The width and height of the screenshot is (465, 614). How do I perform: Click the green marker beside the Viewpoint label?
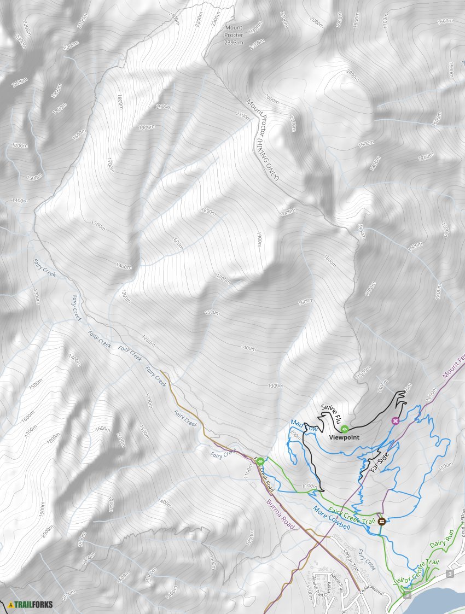click(x=345, y=429)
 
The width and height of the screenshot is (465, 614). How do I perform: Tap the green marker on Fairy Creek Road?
click(x=260, y=461)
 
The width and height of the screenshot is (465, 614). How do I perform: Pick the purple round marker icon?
click(x=395, y=420)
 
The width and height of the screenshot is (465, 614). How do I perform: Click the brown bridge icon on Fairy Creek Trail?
click(x=381, y=521)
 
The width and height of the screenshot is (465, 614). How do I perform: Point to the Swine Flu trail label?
click(x=331, y=414)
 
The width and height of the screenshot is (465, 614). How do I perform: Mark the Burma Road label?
click(x=281, y=513)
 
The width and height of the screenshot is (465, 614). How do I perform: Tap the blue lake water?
click(x=438, y=601)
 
